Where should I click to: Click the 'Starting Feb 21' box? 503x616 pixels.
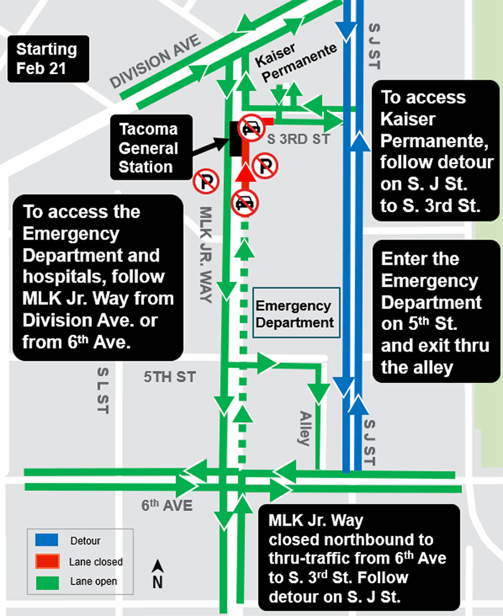(47, 60)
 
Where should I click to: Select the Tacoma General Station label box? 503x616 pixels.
(149, 149)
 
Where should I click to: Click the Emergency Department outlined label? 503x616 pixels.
(295, 315)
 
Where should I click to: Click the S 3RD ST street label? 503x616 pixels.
(297, 140)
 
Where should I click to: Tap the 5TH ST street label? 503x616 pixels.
(170, 377)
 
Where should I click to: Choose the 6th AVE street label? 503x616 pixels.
(167, 506)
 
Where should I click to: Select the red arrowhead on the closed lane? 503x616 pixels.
(246, 174)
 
